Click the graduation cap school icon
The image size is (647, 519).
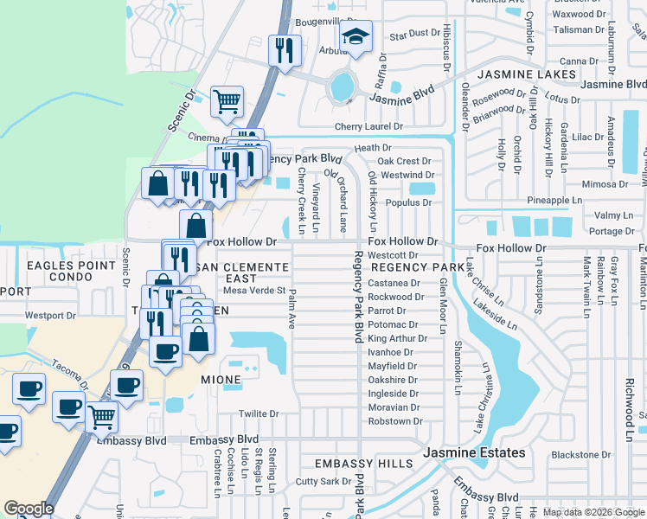[x=355, y=37]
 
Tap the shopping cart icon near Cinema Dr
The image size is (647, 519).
[x=227, y=101]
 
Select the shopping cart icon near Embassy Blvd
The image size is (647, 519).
[x=101, y=417]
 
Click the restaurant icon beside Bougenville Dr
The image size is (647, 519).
[x=285, y=50]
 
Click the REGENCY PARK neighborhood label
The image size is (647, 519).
[x=412, y=268]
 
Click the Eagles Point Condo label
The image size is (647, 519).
[x=71, y=272]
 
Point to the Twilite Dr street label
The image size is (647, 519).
[x=259, y=414]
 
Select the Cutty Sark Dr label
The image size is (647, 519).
[x=321, y=481]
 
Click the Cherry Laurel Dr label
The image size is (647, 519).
[x=369, y=126]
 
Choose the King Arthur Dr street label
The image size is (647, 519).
[x=394, y=338]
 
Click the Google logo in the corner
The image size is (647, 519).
[x=29, y=508]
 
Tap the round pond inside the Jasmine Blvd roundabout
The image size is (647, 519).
[x=342, y=86]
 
